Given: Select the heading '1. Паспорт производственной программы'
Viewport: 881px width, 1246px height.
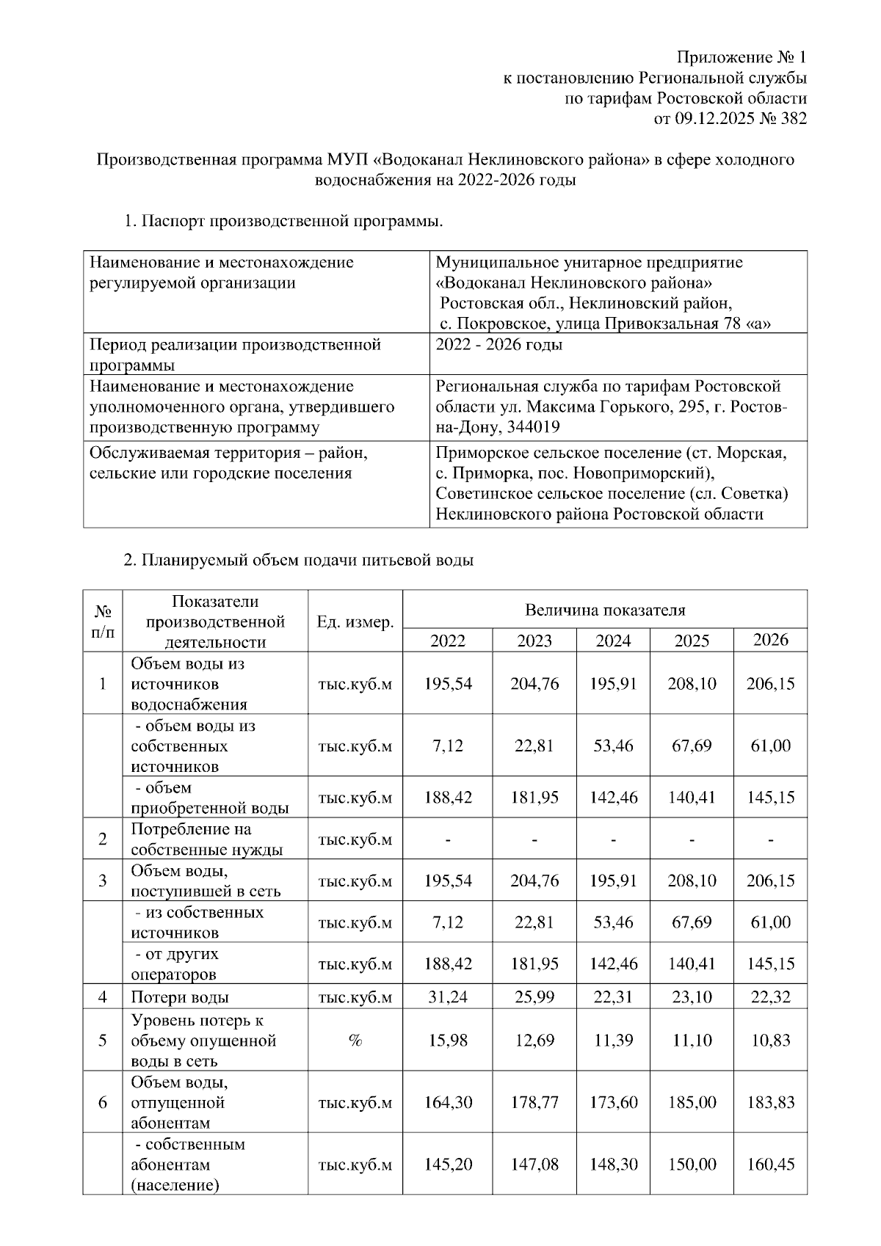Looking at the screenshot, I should [283, 220].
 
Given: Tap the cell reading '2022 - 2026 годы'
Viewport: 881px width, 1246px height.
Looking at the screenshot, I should [498, 344].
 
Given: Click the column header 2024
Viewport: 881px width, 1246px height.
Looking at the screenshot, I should [613, 641].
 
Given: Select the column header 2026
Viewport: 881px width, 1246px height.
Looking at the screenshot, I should [770, 640].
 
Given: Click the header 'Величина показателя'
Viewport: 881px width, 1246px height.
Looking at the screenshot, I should [605, 610].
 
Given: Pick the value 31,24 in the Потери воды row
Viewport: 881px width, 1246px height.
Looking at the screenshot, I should [448, 997].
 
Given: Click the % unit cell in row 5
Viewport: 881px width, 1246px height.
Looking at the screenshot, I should [355, 1041].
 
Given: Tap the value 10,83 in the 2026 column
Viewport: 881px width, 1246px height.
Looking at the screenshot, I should [770, 1041].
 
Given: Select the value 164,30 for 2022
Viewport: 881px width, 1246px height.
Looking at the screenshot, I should [448, 1102].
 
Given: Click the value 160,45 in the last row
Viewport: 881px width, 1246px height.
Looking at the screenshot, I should [770, 1165].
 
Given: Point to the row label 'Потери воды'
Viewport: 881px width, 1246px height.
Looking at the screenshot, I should [180, 997].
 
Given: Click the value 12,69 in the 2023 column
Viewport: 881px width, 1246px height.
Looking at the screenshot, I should [534, 1041].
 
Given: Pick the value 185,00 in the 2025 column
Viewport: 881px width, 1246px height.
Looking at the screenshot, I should [692, 1102].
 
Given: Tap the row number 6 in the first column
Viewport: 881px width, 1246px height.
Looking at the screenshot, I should [103, 1102].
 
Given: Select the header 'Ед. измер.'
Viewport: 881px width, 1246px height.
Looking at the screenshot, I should [355, 622].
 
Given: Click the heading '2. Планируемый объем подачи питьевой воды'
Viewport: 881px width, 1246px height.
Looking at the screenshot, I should [298, 561].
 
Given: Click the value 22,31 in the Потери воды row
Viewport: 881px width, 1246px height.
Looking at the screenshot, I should [613, 997].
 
